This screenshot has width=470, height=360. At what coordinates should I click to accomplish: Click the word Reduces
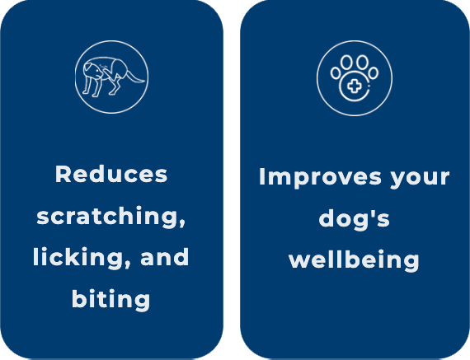(111, 174)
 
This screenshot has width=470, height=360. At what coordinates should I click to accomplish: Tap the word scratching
(110, 217)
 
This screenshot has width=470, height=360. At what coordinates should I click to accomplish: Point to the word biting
(111, 300)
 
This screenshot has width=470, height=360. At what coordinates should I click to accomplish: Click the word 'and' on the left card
(165, 257)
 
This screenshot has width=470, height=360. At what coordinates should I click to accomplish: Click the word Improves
(320, 178)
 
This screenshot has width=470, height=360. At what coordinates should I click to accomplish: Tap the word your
(420, 179)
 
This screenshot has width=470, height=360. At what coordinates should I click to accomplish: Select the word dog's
(355, 219)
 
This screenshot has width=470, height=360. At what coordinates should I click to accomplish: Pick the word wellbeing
(354, 260)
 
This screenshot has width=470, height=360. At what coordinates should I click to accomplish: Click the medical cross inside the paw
(355, 86)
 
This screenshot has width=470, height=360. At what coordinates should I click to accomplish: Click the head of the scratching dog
(93, 71)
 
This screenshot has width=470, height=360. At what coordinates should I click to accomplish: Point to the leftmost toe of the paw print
(336, 73)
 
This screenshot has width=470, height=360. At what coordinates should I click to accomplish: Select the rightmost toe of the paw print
(374, 73)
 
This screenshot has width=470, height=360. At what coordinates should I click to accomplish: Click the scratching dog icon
(111, 77)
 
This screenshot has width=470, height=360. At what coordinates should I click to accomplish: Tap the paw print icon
(355, 78)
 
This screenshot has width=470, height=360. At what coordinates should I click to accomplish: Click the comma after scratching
(181, 223)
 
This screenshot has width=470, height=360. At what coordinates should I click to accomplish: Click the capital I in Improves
(262, 177)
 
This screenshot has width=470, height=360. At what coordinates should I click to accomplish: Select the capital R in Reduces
(63, 174)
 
